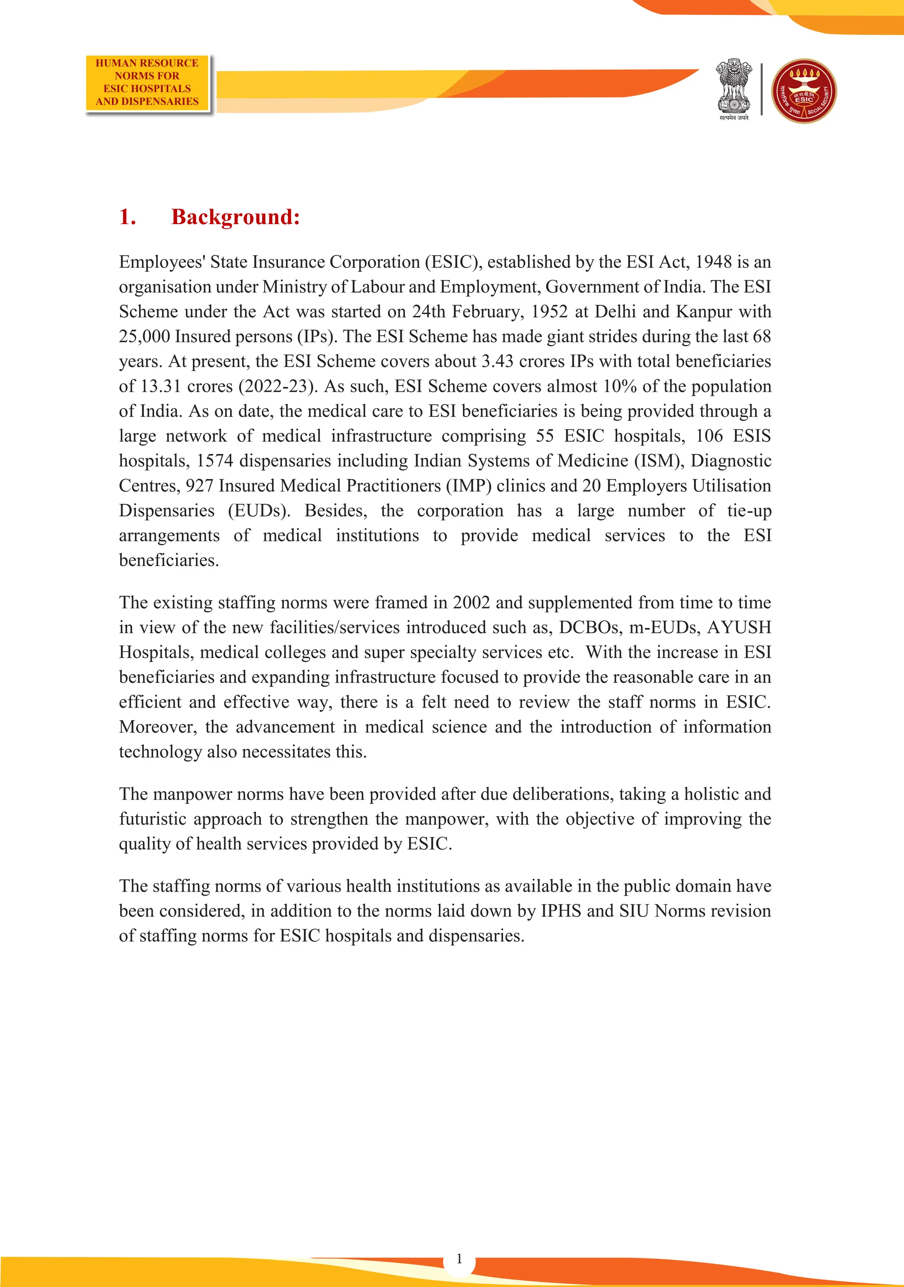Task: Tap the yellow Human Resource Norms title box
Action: click(147, 83)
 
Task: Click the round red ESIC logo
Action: click(804, 91)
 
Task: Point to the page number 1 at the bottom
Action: click(460, 1258)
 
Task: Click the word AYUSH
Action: click(738, 627)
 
